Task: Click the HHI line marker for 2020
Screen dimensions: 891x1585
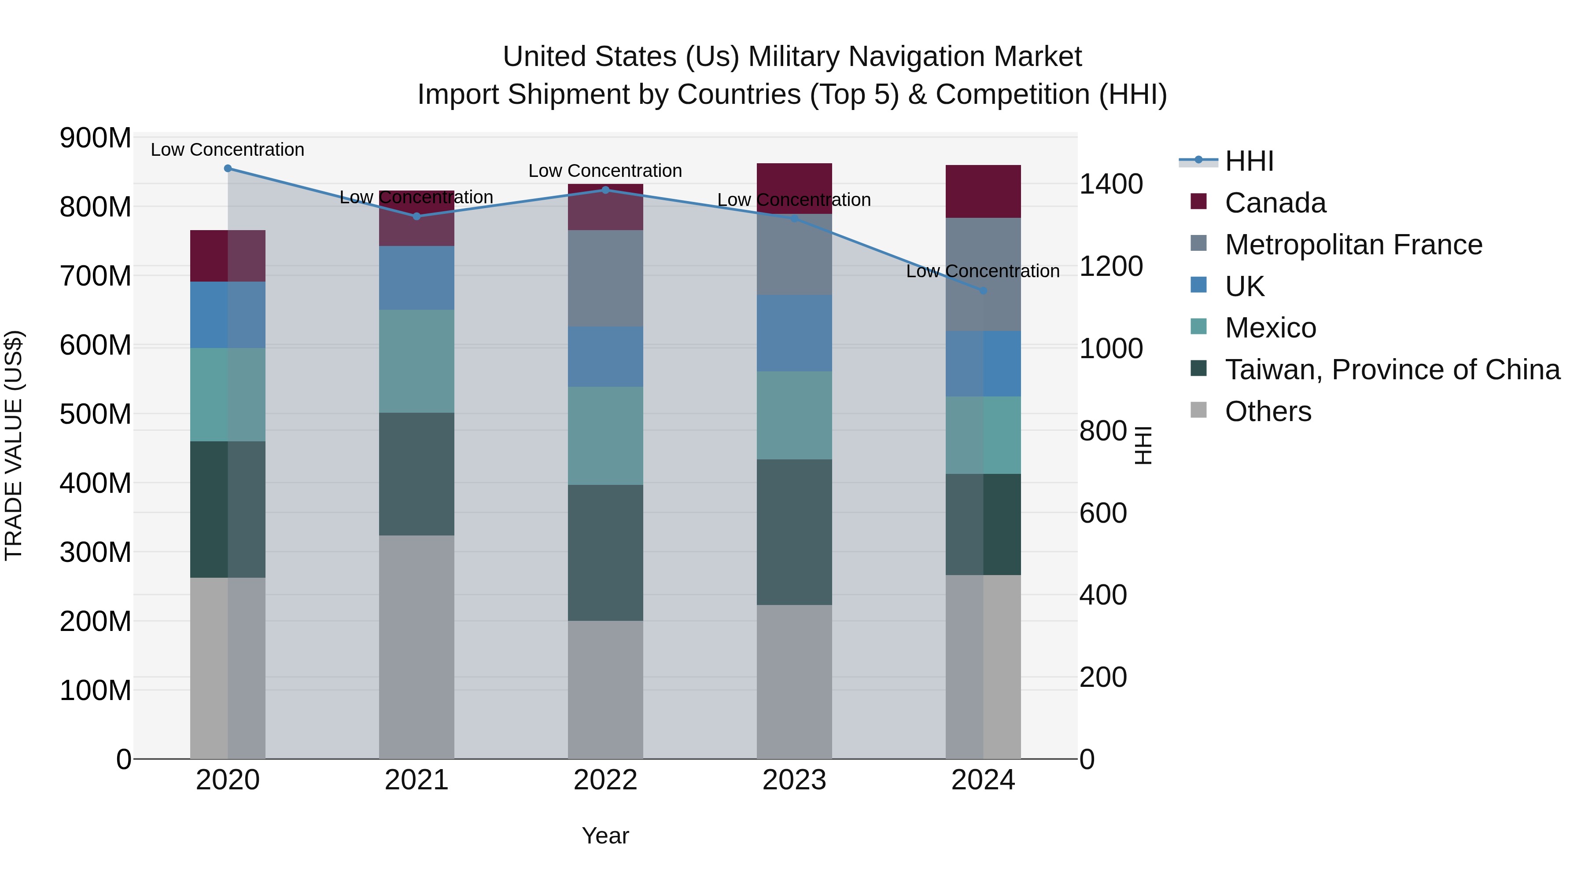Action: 228,169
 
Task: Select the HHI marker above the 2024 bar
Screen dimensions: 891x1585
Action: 983,291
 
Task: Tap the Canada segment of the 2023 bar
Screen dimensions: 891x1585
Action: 794,189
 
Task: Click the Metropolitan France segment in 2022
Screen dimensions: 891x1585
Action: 605,279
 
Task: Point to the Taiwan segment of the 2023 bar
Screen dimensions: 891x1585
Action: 794,532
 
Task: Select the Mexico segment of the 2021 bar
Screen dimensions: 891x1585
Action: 417,361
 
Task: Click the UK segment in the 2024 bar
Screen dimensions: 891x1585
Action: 983,363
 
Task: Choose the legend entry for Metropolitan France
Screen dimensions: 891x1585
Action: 1353,245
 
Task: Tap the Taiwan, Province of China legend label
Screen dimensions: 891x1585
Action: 1392,370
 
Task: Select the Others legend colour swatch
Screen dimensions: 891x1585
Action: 1198,410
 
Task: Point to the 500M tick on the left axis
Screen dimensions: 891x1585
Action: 96,414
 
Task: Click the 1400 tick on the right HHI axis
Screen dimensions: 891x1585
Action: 1111,184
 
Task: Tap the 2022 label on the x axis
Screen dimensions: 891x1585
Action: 605,780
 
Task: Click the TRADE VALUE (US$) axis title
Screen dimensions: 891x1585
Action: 14,445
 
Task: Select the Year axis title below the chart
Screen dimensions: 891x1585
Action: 605,836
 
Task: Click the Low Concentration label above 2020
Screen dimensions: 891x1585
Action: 228,150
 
